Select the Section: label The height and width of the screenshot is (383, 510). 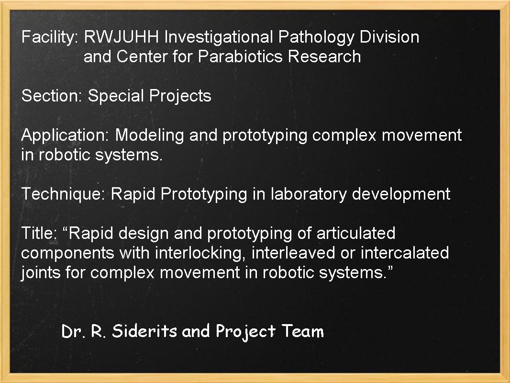tap(52, 96)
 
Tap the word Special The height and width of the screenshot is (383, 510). tap(116, 96)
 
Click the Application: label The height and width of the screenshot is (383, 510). tap(66, 135)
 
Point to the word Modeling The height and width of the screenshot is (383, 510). tap(150, 135)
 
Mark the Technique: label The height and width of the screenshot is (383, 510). tap(64, 194)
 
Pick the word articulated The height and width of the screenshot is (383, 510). tap(356, 234)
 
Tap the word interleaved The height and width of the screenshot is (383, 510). tap(305, 253)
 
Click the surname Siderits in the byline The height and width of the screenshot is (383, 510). tap(144, 331)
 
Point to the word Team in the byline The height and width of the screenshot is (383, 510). tap(302, 331)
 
